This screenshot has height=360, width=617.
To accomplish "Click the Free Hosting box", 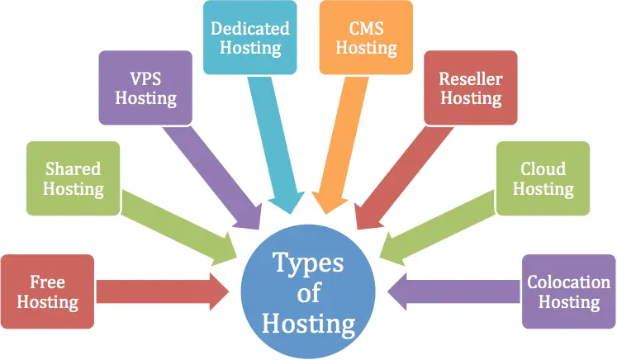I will click(x=49, y=291).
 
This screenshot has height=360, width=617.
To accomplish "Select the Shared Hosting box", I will click(x=74, y=178).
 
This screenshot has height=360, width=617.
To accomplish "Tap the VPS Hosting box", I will click(x=145, y=88).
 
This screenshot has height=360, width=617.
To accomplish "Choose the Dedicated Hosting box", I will click(x=249, y=39).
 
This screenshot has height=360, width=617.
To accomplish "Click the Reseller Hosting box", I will click(x=470, y=88).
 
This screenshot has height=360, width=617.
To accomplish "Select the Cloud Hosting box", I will click(x=543, y=178).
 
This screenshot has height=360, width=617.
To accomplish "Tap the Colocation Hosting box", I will click(x=569, y=291).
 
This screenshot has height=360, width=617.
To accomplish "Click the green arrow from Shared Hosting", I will click(x=182, y=224).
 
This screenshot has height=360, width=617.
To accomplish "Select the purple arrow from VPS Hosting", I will click(x=218, y=178).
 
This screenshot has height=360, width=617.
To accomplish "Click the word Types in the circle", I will click(x=308, y=266).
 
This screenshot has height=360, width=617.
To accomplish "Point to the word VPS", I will click(x=145, y=78).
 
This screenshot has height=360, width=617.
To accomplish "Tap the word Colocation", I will click(x=569, y=282).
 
